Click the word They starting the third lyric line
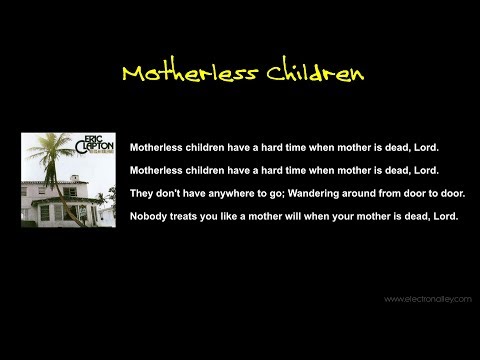point(143,194)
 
